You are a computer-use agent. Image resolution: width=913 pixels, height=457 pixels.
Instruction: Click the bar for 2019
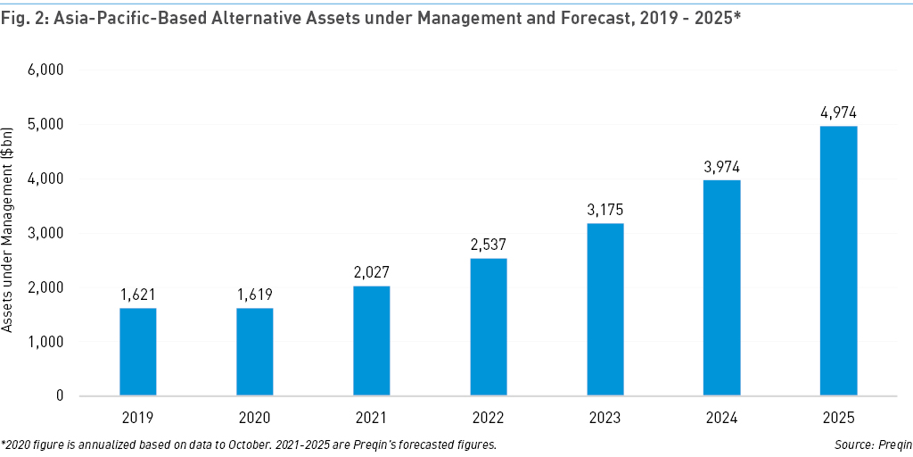point(138,352)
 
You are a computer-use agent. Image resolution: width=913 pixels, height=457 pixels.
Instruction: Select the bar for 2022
point(489,327)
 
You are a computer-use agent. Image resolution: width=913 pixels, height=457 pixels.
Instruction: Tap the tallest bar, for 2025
point(838,261)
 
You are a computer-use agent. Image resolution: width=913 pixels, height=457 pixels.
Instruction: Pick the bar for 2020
point(255,352)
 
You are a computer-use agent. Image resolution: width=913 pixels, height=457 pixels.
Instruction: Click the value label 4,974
point(838,112)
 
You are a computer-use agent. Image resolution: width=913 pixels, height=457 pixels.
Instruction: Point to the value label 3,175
point(605,211)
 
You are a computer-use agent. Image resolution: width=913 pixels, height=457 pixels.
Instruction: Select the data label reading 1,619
point(255,295)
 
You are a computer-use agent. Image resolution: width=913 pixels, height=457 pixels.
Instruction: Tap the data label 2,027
point(372,273)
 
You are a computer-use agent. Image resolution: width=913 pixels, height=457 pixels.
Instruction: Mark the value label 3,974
point(721,167)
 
